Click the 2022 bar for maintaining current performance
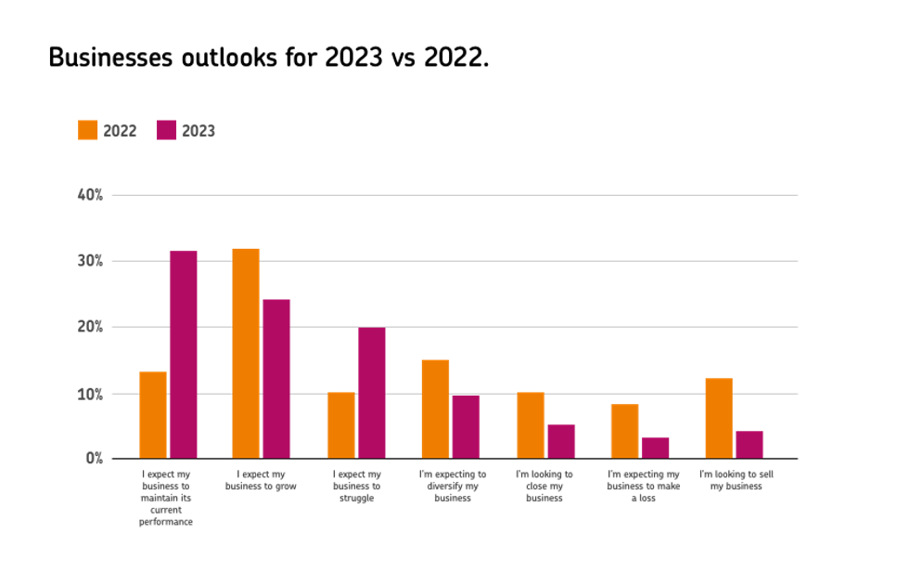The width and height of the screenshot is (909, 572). click(153, 414)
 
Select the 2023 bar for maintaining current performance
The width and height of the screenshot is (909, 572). click(184, 354)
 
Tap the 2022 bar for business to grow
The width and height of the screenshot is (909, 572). click(246, 353)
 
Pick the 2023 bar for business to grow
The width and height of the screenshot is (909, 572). click(276, 378)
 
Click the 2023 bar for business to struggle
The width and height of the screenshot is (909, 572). click(371, 392)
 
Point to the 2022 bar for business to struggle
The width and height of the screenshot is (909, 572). click(340, 424)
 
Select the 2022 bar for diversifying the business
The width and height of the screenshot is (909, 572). click(435, 409)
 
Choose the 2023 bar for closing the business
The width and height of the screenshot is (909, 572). click(561, 441)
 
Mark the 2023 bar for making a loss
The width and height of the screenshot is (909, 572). click(655, 448)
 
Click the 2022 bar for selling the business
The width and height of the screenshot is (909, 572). click(719, 418)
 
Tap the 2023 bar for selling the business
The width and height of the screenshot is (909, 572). click(749, 444)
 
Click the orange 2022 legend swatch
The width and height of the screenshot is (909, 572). click(88, 130)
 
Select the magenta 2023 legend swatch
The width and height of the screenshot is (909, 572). click(166, 130)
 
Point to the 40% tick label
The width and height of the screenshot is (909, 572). click(90, 195)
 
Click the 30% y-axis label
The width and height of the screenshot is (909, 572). click(90, 261)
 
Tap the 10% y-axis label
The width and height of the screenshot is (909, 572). click(90, 393)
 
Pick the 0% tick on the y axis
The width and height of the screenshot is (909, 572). click(94, 458)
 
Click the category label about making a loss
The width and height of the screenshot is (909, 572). click(643, 486)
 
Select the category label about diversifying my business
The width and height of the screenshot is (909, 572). click(453, 486)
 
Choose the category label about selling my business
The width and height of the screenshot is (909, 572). click(736, 480)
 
